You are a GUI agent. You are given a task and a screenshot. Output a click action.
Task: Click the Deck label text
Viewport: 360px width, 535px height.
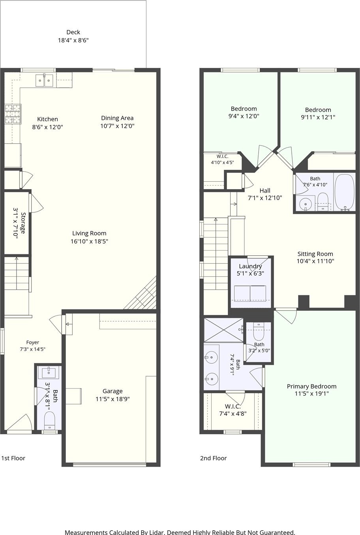[73, 32]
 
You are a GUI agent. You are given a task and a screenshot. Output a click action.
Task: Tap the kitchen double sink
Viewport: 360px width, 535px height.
[44, 81]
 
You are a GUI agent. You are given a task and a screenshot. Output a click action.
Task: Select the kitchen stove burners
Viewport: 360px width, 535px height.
[13, 113]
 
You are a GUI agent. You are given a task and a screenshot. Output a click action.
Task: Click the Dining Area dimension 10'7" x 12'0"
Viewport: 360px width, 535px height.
[117, 126]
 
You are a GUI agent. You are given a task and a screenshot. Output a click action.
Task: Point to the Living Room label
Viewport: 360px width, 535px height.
[89, 233]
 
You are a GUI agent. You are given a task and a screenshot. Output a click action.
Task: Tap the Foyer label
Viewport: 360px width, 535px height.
[32, 342]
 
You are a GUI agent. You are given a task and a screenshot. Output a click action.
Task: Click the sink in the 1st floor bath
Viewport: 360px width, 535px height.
[49, 373]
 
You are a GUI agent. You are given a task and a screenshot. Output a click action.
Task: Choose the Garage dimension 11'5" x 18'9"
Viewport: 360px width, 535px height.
[112, 399]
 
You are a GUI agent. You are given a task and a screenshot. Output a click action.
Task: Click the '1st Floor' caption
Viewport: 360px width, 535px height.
[13, 458]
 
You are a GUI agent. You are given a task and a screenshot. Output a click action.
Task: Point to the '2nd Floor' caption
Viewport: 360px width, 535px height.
[213, 458]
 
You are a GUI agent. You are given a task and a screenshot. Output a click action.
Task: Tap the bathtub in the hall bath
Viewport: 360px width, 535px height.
[345, 192]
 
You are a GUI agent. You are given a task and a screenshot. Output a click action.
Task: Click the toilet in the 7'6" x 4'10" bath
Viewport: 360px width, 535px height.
[322, 202]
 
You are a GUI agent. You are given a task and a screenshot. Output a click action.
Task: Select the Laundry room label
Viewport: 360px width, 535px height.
[250, 266]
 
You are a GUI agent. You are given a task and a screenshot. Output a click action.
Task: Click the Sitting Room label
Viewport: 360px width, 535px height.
[315, 254]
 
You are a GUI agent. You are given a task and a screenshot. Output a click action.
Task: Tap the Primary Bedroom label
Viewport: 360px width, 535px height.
[311, 387]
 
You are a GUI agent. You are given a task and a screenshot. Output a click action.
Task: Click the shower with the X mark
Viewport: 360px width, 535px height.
[224, 330]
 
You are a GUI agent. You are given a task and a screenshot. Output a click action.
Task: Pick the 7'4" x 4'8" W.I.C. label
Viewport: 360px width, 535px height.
[233, 407]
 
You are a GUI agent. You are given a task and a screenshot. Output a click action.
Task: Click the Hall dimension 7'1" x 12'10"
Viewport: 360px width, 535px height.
[265, 198]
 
